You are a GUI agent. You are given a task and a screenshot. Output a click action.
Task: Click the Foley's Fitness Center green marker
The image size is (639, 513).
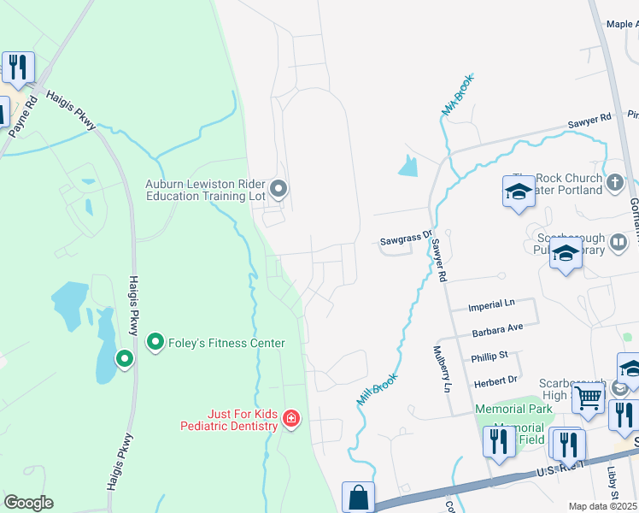(155, 343)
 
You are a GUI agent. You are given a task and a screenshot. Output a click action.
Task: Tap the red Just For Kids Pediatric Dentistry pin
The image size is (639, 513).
(291, 418)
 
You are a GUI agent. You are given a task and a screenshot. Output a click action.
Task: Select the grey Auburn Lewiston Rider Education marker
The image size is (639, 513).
(278, 188)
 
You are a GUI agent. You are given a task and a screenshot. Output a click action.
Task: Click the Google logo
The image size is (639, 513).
(28, 503)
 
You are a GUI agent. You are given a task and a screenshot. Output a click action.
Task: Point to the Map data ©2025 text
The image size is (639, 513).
(602, 506)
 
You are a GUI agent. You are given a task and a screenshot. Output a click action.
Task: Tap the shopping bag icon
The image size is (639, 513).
(358, 497)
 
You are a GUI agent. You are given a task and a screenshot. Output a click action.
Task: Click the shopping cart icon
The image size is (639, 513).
(588, 396)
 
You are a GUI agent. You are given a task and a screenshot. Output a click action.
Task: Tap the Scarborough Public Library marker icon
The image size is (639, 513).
(565, 253)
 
